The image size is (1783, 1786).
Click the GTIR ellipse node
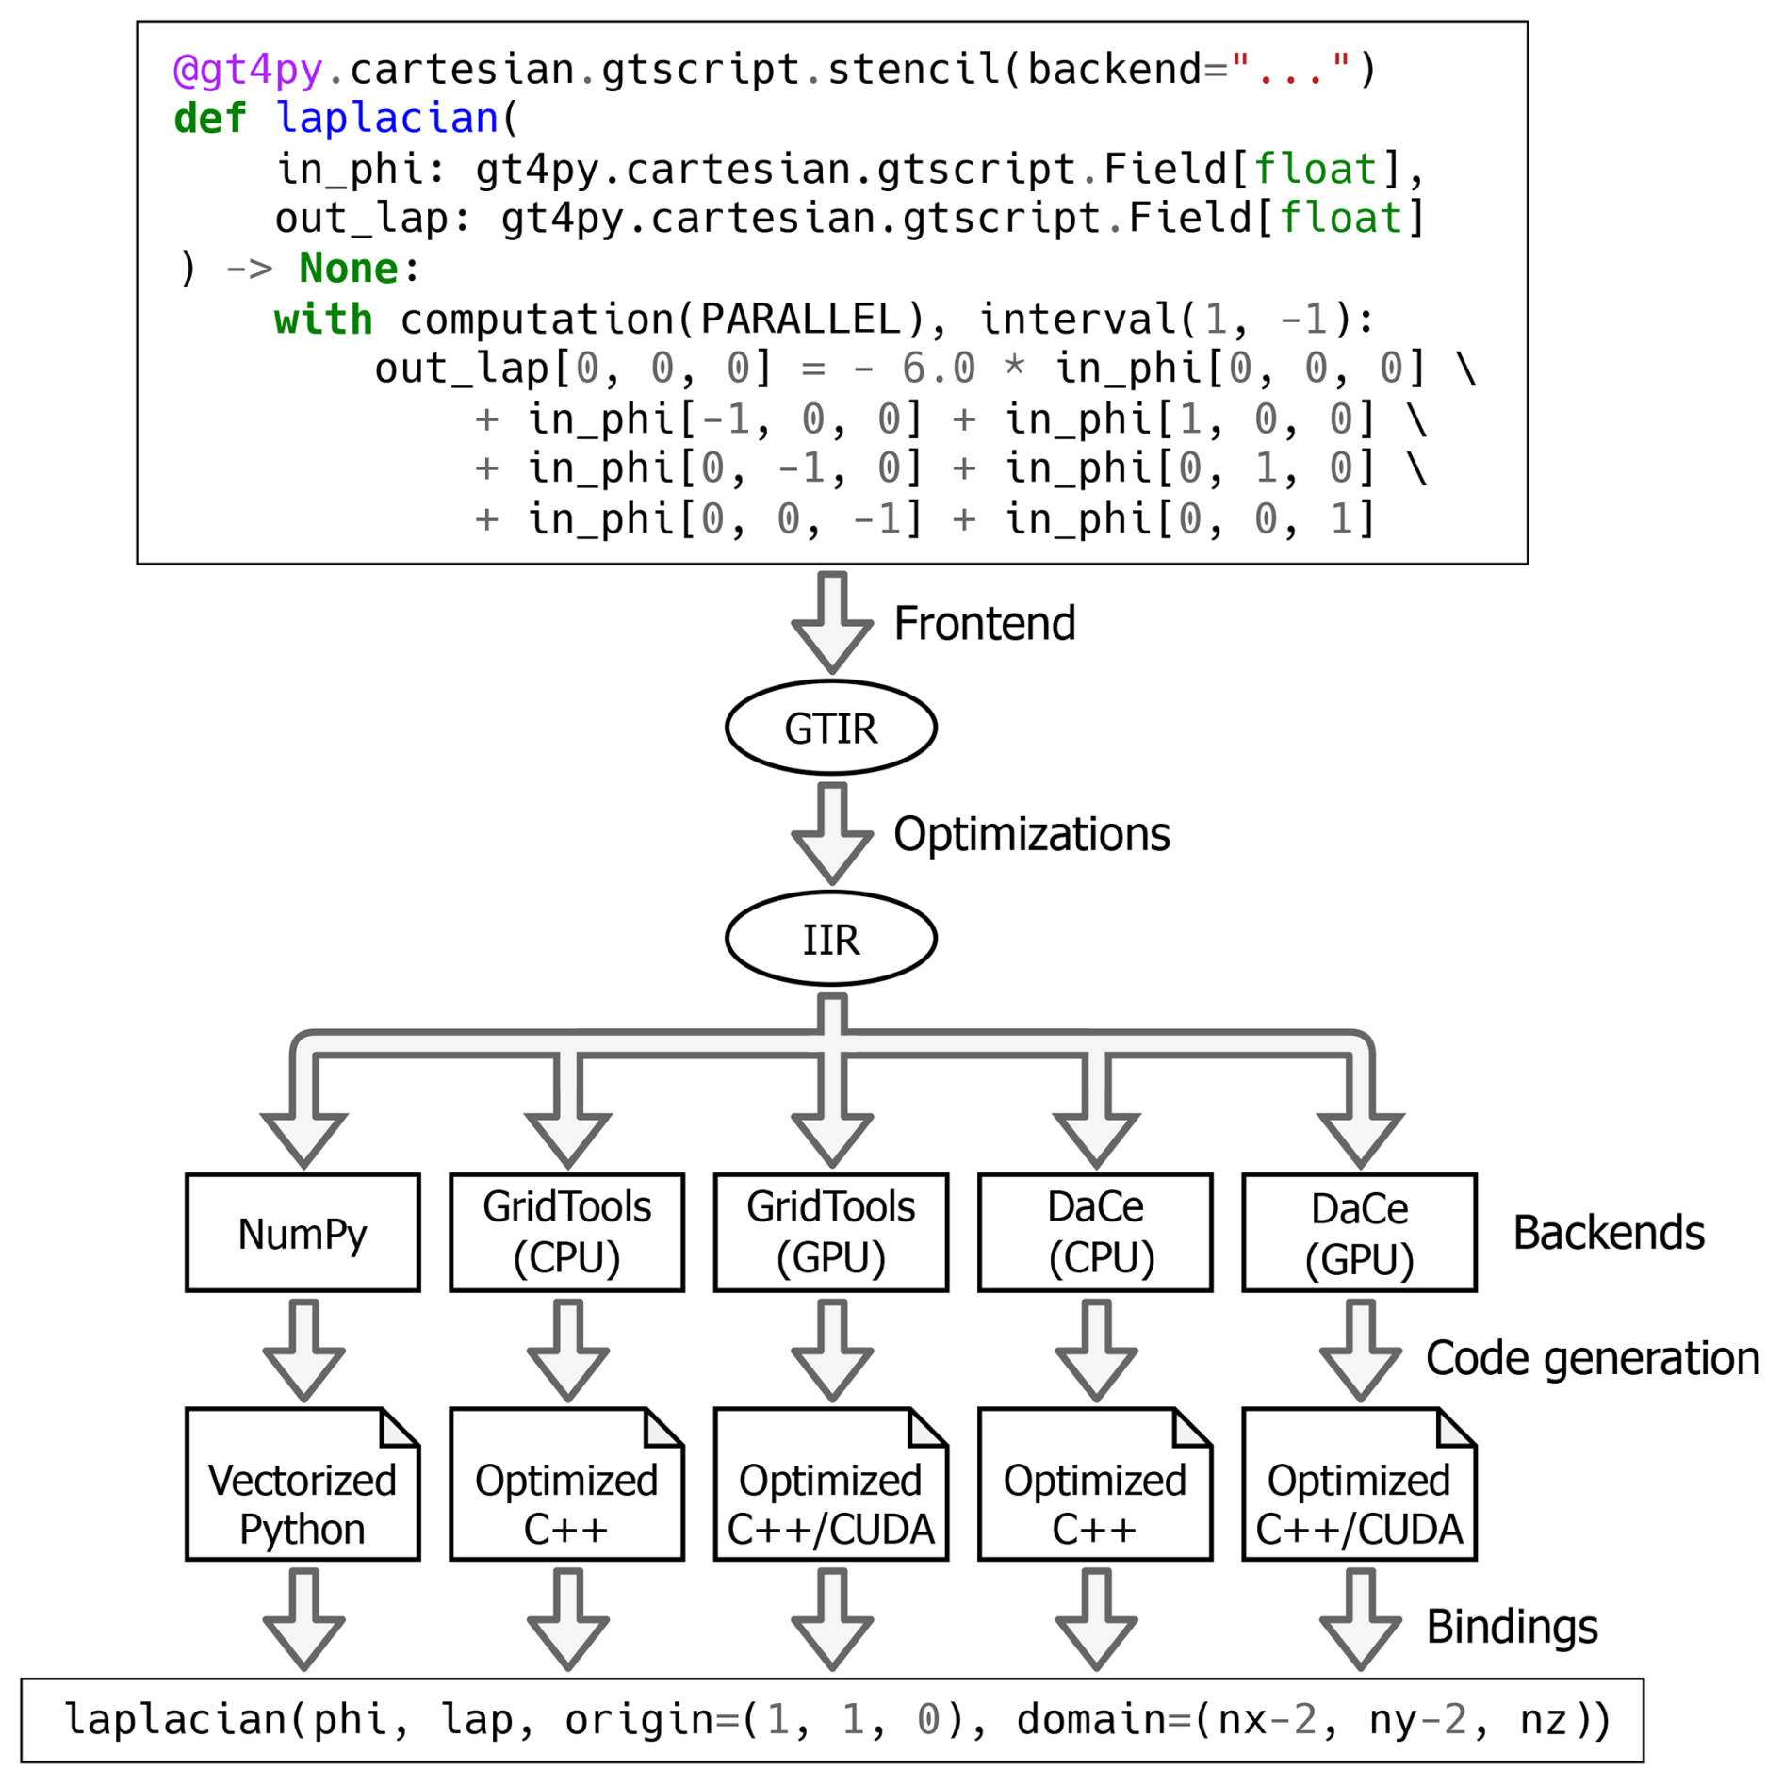click(x=830, y=728)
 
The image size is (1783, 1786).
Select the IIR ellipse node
click(x=830, y=939)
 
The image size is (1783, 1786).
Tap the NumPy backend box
click(x=303, y=1233)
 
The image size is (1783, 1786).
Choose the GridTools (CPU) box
click(x=566, y=1233)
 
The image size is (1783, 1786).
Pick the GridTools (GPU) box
click(x=830, y=1233)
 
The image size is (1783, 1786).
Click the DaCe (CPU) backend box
click(x=1095, y=1233)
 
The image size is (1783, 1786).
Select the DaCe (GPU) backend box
click(x=1359, y=1233)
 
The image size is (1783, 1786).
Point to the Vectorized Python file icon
click(x=303, y=1484)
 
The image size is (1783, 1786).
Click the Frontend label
click(x=984, y=624)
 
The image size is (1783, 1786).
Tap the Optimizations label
click(x=1031, y=835)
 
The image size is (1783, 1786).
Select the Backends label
click(x=1609, y=1233)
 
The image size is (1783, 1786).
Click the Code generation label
click(x=1593, y=1359)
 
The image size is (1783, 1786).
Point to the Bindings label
click(x=1512, y=1627)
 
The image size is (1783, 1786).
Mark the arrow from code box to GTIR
click(x=831, y=621)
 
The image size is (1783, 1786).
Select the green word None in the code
click(x=348, y=270)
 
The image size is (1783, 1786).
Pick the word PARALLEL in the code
click(x=800, y=320)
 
